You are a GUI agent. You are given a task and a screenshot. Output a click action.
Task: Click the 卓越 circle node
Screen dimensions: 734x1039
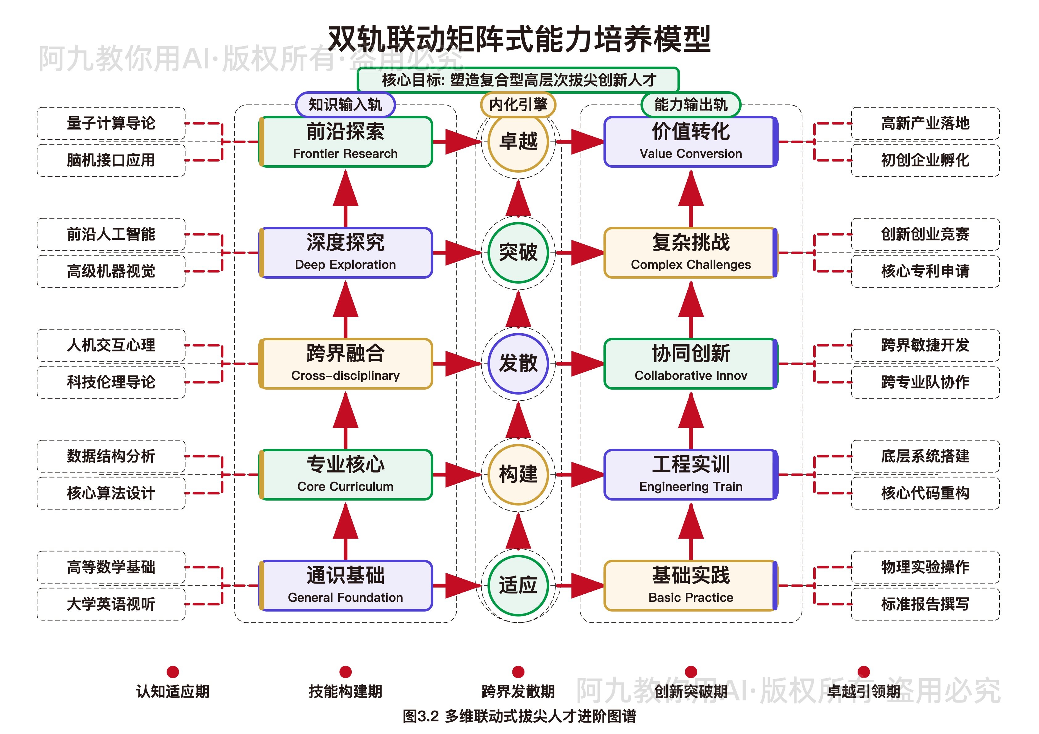[x=518, y=141]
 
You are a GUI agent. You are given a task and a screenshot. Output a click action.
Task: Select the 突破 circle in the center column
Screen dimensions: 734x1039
[x=518, y=252]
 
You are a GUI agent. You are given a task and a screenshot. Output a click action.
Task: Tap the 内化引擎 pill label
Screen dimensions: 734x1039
[x=518, y=105]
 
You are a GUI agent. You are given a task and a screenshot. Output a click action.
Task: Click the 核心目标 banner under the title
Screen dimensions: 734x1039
[x=518, y=80]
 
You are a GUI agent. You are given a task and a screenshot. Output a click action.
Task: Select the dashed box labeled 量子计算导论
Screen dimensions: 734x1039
[x=111, y=123]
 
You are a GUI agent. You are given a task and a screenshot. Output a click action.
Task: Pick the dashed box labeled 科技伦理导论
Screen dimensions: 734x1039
[x=111, y=382]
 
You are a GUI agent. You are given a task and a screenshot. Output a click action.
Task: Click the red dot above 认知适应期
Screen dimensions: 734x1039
[x=172, y=672]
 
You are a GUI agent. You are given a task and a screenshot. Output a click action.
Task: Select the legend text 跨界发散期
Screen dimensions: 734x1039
[x=518, y=691]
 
